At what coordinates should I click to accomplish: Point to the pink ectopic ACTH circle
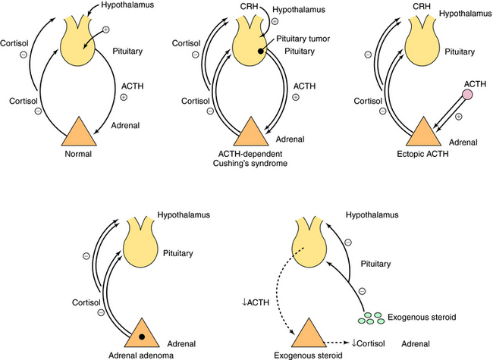[468, 95]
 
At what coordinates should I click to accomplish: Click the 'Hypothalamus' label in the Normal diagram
[143, 7]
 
